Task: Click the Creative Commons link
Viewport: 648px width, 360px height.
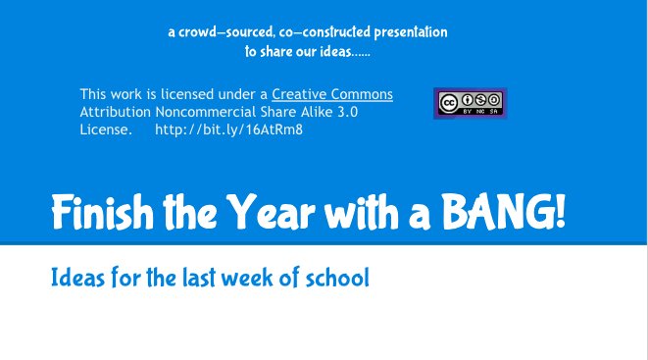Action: (332, 94)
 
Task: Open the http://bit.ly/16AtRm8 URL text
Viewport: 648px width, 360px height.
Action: (228, 129)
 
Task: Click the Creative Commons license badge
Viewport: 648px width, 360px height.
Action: (470, 103)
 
